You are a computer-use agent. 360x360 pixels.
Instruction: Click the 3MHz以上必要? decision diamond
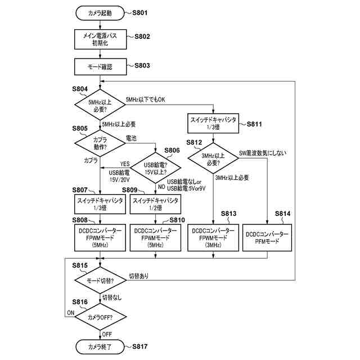[214, 160]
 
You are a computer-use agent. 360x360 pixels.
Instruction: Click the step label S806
[172, 150]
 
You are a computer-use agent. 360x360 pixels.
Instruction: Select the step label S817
[137, 346]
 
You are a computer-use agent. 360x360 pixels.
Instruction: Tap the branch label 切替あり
[139, 276]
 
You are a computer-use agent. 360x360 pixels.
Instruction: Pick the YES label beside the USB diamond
[125, 164]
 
